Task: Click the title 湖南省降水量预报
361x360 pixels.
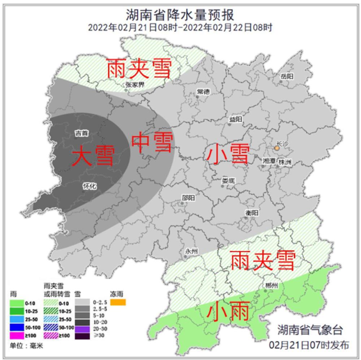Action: tap(180, 15)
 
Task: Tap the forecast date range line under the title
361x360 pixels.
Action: tap(180, 27)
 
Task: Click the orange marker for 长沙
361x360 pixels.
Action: tap(277, 148)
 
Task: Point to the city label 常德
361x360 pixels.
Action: tap(203, 91)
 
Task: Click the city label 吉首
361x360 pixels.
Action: tap(81, 133)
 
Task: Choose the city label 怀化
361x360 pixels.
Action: tap(90, 186)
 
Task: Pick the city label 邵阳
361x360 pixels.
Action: tap(188, 198)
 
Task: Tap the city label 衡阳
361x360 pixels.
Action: tap(252, 213)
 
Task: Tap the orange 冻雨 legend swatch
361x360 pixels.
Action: tap(118, 302)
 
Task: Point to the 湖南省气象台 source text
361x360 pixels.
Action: tap(309, 329)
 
